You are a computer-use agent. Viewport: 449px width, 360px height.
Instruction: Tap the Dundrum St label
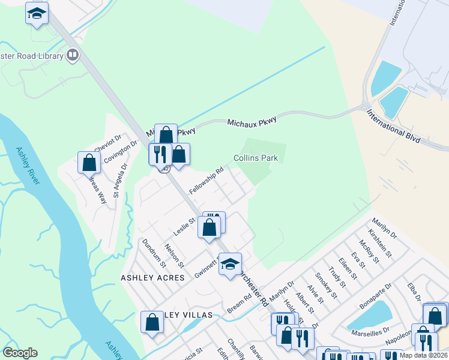pyautogui.click(x=154, y=253)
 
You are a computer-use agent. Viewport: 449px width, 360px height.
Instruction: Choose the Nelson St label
pyautogui.click(x=174, y=256)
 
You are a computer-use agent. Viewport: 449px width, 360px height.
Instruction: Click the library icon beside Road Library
pyautogui.click(x=73, y=56)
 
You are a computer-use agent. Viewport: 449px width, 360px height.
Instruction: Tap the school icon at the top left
pyautogui.click(x=37, y=13)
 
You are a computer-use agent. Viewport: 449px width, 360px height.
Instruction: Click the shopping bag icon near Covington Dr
pyautogui.click(x=89, y=162)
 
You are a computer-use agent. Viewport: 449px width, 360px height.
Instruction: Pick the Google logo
pyautogui.click(x=20, y=353)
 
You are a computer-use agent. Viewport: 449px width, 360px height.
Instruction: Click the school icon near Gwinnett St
pyautogui.click(x=229, y=263)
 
